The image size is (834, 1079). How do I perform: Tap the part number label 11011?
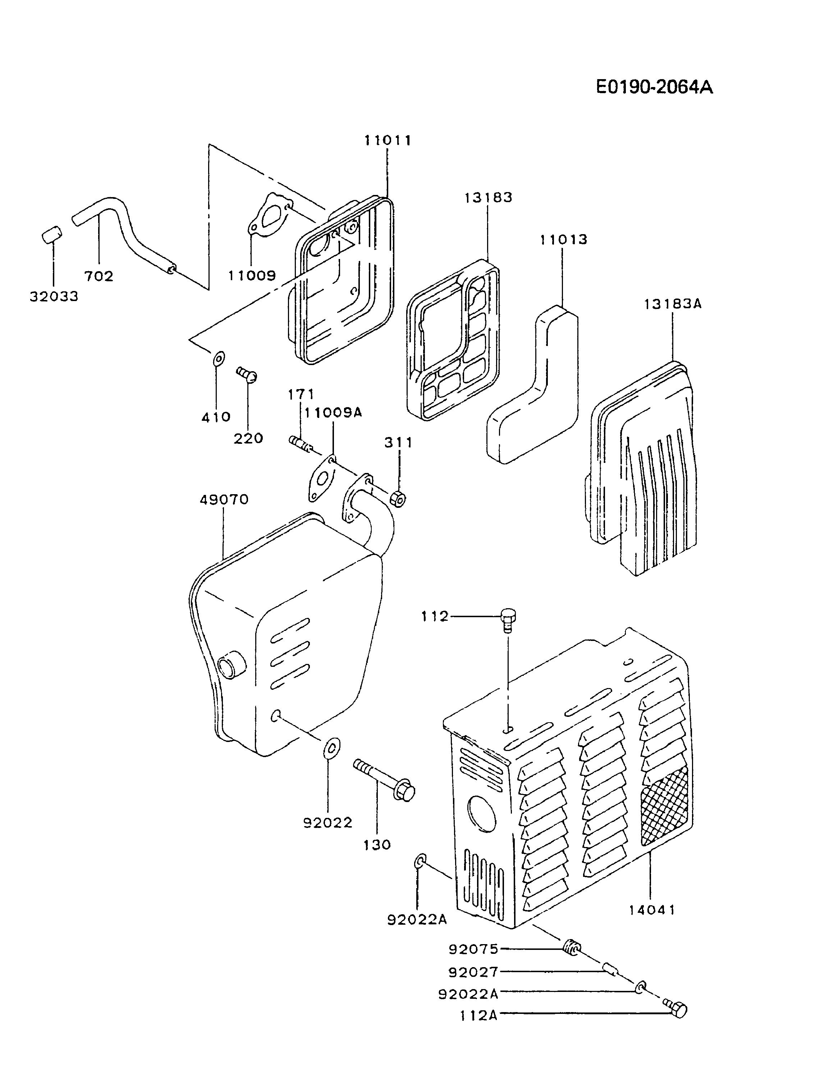pyautogui.click(x=388, y=141)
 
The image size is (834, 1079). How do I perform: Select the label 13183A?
pyautogui.click(x=672, y=304)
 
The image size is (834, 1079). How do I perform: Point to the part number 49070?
pyautogui.click(x=224, y=500)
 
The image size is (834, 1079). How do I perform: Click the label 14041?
pyautogui.click(x=652, y=910)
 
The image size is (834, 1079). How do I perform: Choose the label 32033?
pyautogui.click(x=54, y=296)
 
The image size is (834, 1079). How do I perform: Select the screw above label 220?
pyautogui.click(x=247, y=374)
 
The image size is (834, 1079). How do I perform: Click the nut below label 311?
pyautogui.click(x=398, y=499)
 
